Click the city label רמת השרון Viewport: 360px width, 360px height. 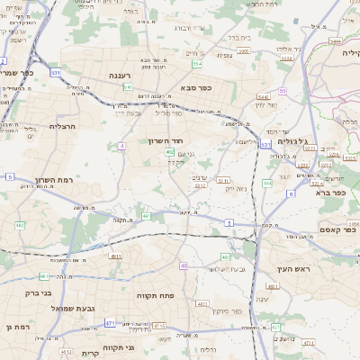coord(54,180)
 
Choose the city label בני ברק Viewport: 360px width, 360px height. coord(36,292)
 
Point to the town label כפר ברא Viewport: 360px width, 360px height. coord(331,192)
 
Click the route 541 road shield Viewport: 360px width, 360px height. coord(129,87)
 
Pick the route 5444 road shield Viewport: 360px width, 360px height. coord(335,40)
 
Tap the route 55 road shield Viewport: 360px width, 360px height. coord(282,91)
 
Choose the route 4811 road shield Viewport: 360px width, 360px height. coord(43,276)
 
